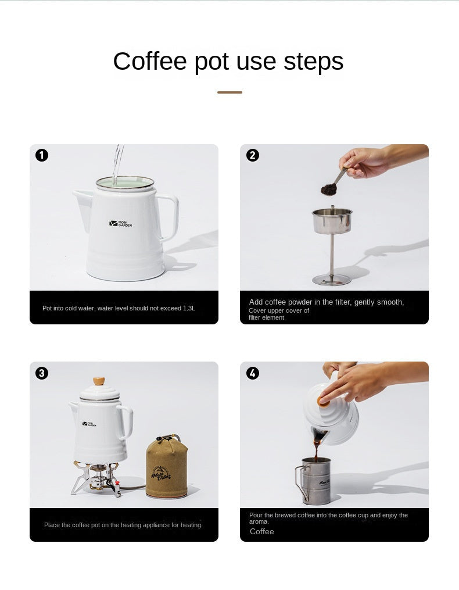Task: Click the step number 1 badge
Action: (x=42, y=155)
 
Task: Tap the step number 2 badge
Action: (x=252, y=155)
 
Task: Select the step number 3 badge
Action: (x=42, y=373)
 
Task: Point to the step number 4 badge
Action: (x=252, y=373)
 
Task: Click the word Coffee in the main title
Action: (x=149, y=61)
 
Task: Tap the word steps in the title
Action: (x=314, y=61)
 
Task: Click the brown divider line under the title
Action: (x=229, y=92)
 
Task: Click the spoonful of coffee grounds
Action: (x=329, y=189)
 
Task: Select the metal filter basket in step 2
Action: (x=332, y=221)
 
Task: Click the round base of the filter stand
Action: (x=331, y=280)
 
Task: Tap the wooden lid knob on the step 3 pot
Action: (x=99, y=381)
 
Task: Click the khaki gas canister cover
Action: (x=166, y=468)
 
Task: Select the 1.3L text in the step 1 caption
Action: (x=189, y=308)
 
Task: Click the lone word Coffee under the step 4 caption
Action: (x=261, y=531)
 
